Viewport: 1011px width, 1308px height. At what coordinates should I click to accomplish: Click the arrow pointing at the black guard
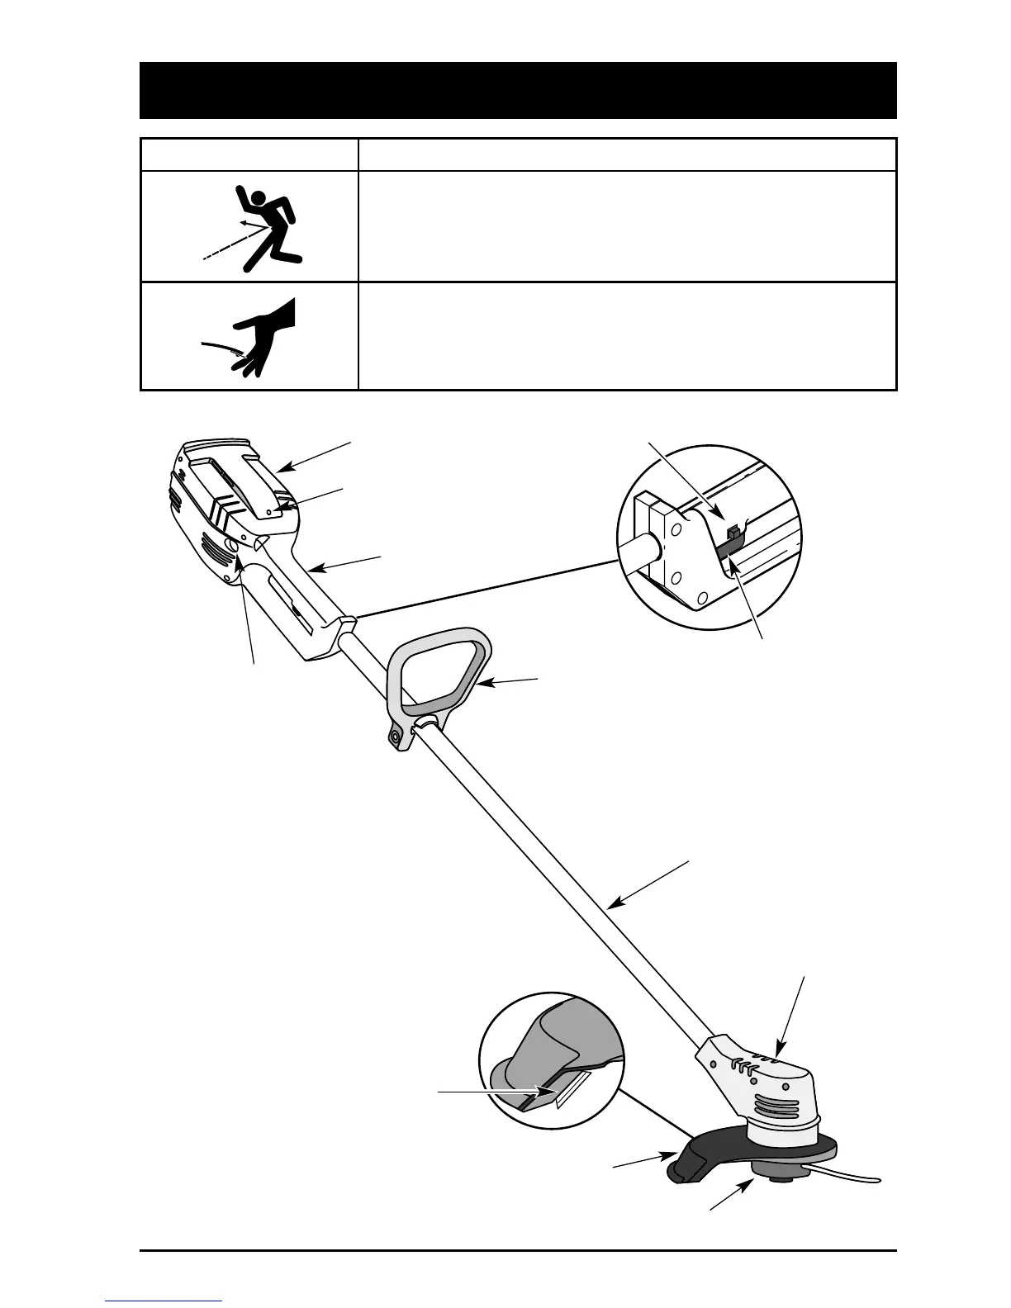click(x=640, y=1162)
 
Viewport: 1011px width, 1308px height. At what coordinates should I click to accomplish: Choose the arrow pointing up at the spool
click(x=731, y=1198)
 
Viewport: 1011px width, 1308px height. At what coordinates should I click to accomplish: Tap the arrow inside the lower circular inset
click(x=496, y=1092)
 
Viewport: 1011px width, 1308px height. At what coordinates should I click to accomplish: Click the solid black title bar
click(x=518, y=90)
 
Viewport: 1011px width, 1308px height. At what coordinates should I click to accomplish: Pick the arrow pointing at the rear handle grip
click(x=347, y=563)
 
